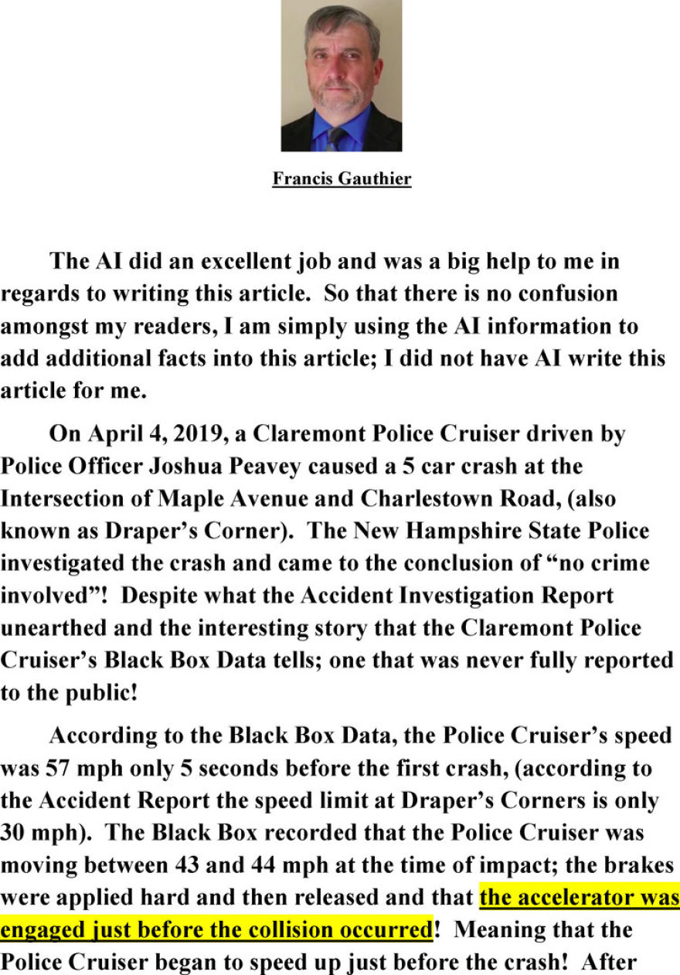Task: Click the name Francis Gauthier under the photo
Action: pos(342,179)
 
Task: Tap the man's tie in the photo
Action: pos(336,138)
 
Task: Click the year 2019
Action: pos(195,433)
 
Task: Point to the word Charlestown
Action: pos(440,499)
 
